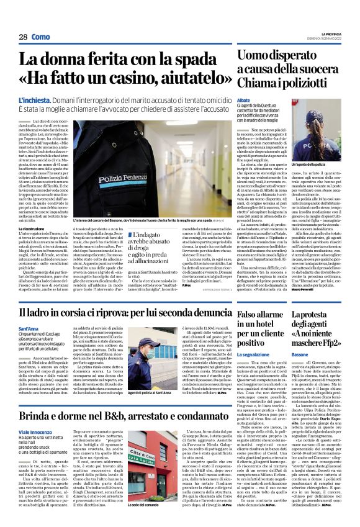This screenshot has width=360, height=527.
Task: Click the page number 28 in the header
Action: pos(23,37)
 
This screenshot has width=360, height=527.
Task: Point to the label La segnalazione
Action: pos(254,354)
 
